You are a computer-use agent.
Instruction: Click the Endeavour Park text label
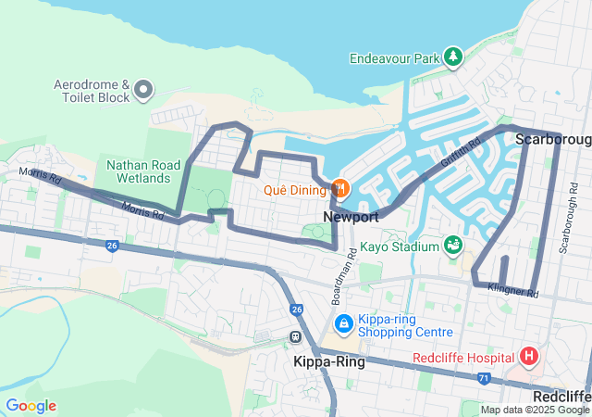click(395, 58)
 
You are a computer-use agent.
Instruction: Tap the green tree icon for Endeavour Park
click(453, 58)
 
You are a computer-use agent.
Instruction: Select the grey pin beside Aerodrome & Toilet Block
click(143, 90)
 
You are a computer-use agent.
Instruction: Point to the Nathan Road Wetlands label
click(139, 171)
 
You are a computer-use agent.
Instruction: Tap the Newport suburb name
click(351, 217)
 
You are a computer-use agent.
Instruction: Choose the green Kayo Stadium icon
click(452, 246)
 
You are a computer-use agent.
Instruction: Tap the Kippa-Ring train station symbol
click(295, 336)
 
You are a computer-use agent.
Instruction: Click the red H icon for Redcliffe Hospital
click(528, 357)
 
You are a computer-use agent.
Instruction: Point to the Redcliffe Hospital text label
click(463, 359)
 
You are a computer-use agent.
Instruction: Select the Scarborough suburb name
click(552, 139)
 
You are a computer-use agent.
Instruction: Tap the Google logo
click(31, 406)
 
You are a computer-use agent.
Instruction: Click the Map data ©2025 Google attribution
click(535, 410)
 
